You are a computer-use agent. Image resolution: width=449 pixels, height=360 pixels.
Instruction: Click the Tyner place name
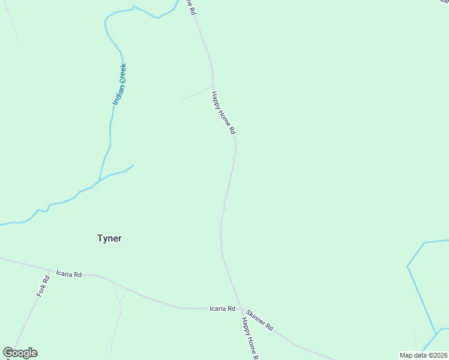(109, 238)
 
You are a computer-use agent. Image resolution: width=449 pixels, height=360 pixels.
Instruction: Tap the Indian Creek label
(119, 85)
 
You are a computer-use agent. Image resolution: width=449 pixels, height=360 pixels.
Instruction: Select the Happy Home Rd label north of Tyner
(223, 113)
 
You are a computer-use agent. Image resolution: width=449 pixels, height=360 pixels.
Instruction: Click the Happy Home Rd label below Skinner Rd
(249, 338)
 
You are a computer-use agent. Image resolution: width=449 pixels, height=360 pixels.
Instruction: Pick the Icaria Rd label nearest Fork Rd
(68, 274)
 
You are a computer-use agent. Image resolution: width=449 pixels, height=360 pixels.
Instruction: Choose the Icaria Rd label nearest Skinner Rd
(221, 308)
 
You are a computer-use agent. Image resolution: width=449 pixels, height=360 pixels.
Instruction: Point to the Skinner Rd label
(259, 320)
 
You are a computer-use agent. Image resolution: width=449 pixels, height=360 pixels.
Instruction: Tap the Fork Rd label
(41, 286)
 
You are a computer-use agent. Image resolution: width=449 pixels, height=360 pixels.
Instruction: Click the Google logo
(20, 353)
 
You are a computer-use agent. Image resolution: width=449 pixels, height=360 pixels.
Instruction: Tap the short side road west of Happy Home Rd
(197, 93)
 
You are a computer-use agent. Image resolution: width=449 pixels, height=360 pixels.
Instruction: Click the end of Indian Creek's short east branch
(133, 166)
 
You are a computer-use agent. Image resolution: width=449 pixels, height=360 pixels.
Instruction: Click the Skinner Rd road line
(294, 344)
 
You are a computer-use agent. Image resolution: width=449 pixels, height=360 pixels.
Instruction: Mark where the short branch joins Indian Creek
(99, 180)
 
